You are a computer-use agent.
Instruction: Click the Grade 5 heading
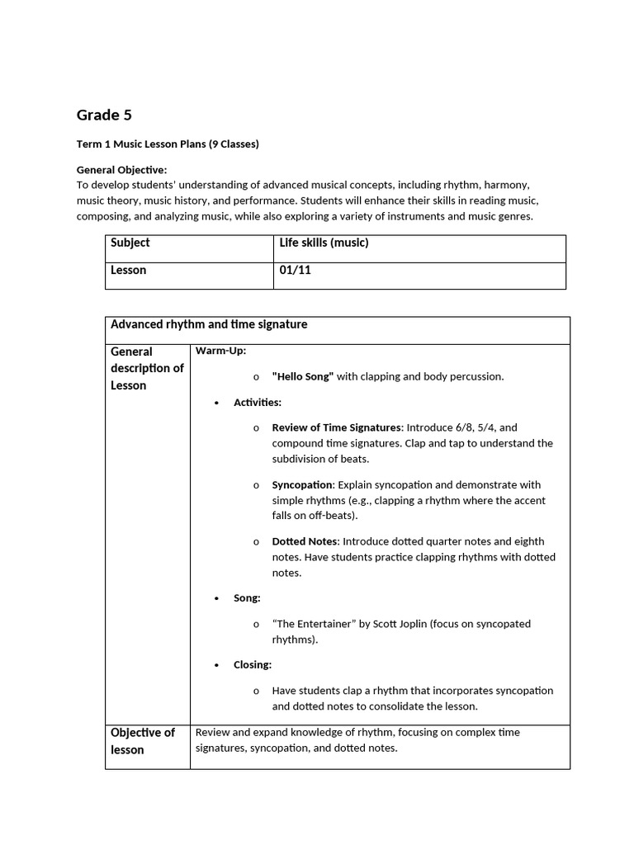[x=104, y=116]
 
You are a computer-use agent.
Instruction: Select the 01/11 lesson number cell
[x=295, y=270]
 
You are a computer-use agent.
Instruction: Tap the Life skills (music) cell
[x=324, y=243]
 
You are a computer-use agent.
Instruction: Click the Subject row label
[x=130, y=243]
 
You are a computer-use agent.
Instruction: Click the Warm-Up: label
[x=220, y=351]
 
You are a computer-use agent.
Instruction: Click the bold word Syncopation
[x=303, y=484]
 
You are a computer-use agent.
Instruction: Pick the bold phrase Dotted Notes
[x=305, y=541]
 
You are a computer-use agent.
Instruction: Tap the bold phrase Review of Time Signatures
[x=336, y=427]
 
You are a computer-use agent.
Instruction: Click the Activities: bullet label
[x=257, y=402]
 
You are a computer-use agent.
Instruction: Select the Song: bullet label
[x=247, y=597]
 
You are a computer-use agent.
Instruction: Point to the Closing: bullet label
[x=252, y=664]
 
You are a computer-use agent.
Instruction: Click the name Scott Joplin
[x=395, y=624]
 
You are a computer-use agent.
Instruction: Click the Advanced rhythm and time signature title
[x=209, y=324]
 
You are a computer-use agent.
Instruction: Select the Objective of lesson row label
[x=143, y=741]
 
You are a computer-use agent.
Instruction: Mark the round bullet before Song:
[x=216, y=598]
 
